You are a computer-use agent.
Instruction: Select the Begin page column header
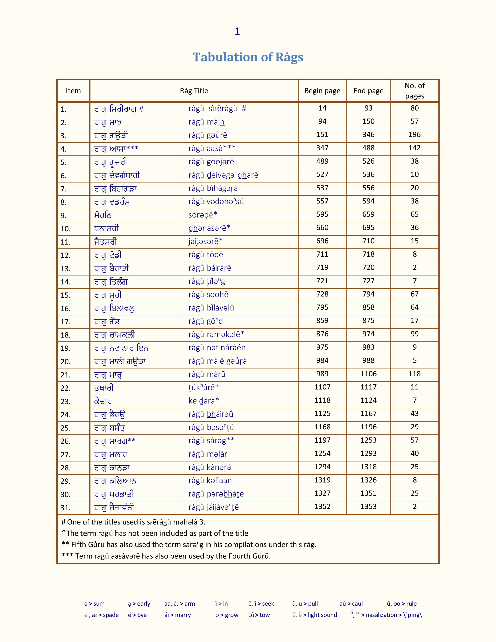click(x=322, y=91)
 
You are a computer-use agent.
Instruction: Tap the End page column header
click(x=368, y=91)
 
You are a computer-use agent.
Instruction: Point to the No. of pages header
click(x=415, y=91)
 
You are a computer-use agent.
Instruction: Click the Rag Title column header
click(x=194, y=91)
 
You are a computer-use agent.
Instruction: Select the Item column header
click(x=73, y=91)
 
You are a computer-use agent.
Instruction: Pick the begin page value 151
click(x=322, y=135)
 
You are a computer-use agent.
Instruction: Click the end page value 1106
click(x=368, y=374)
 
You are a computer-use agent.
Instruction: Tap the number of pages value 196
click(x=415, y=135)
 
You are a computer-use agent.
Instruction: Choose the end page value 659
click(x=368, y=214)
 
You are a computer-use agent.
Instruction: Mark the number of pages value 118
click(x=415, y=374)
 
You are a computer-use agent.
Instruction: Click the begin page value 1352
click(x=322, y=506)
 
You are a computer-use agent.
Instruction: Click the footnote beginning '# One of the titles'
click(x=133, y=522)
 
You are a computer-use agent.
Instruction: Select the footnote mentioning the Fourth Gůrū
click(x=166, y=556)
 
